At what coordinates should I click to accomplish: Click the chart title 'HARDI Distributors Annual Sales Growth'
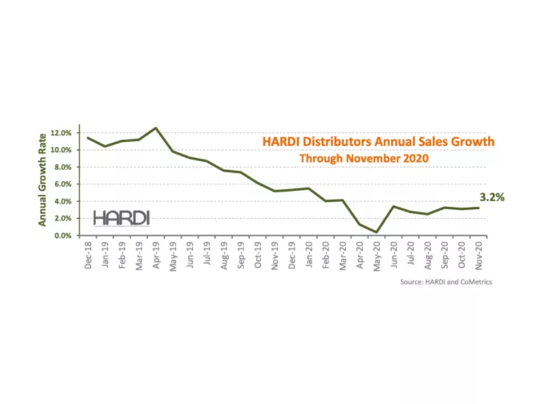[378, 142]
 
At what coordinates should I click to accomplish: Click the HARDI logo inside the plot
[121, 218]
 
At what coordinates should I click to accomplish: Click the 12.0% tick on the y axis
[64, 133]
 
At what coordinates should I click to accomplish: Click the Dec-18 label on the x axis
[88, 254]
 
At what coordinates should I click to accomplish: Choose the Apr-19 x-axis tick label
[156, 254]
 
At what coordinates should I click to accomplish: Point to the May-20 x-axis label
[377, 254]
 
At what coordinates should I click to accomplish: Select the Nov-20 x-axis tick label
[479, 254]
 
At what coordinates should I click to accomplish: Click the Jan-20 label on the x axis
[309, 254]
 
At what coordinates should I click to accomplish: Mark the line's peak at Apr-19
[156, 128]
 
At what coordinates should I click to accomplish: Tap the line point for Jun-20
[394, 207]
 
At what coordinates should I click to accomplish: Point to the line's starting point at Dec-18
[88, 138]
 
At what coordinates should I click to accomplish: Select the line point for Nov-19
[275, 191]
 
